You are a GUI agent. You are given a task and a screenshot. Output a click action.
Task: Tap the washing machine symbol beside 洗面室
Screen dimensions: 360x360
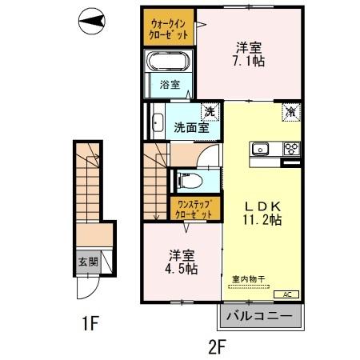pyautogui.click(x=208, y=111)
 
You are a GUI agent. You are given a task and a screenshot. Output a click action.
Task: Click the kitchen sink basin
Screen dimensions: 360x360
pyautogui.click(x=262, y=149)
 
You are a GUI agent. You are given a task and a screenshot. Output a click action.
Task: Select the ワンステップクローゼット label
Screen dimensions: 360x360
pyautogui.click(x=194, y=210)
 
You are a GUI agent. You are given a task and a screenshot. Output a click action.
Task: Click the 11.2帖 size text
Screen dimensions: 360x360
pyautogui.click(x=262, y=218)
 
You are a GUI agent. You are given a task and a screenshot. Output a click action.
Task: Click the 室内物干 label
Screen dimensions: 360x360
pyautogui.click(x=250, y=279)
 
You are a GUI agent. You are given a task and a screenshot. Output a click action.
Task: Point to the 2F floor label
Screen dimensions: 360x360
pyautogui.click(x=218, y=346)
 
